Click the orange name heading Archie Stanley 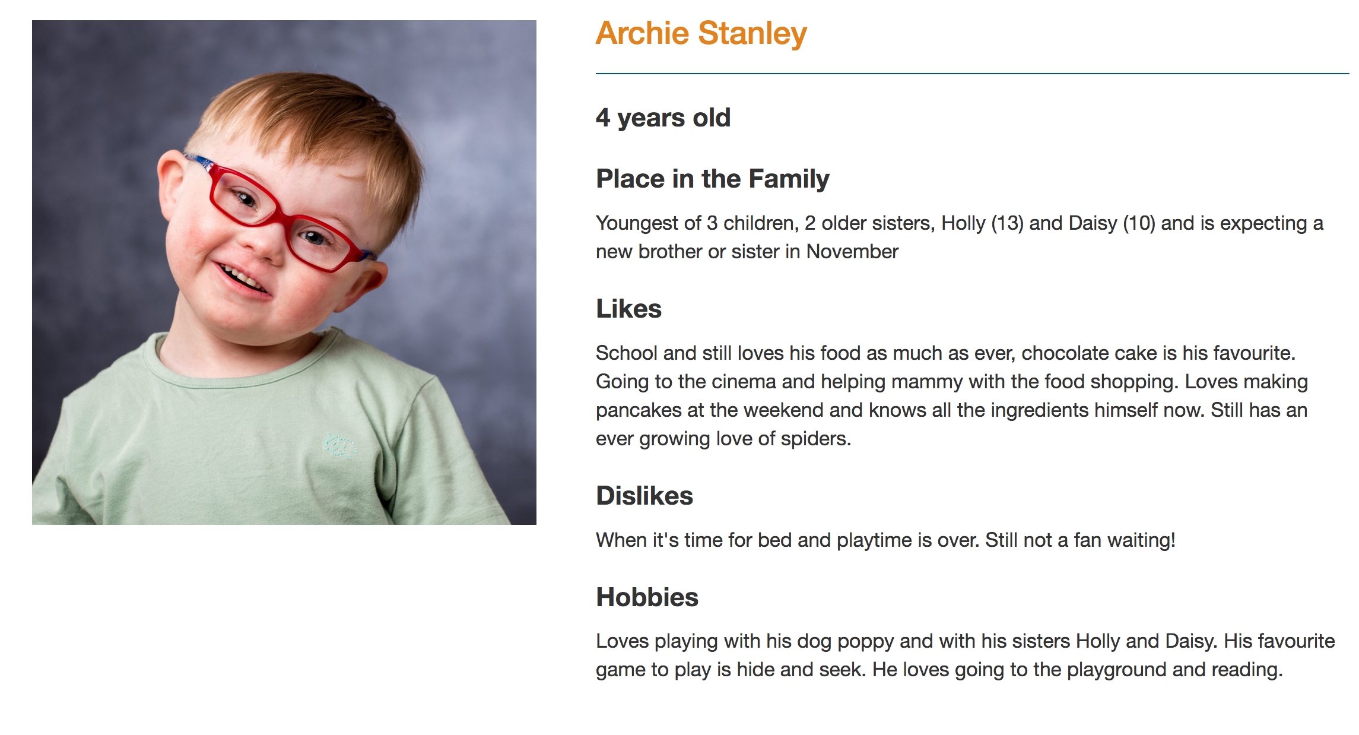701,34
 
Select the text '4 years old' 663,118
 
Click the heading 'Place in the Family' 712,179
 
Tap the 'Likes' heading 628,309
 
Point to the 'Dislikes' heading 644,496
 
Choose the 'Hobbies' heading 647,597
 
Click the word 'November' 852,252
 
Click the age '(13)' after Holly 1007,223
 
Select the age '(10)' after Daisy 1139,223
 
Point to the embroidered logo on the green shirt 340,445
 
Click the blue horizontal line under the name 972,74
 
